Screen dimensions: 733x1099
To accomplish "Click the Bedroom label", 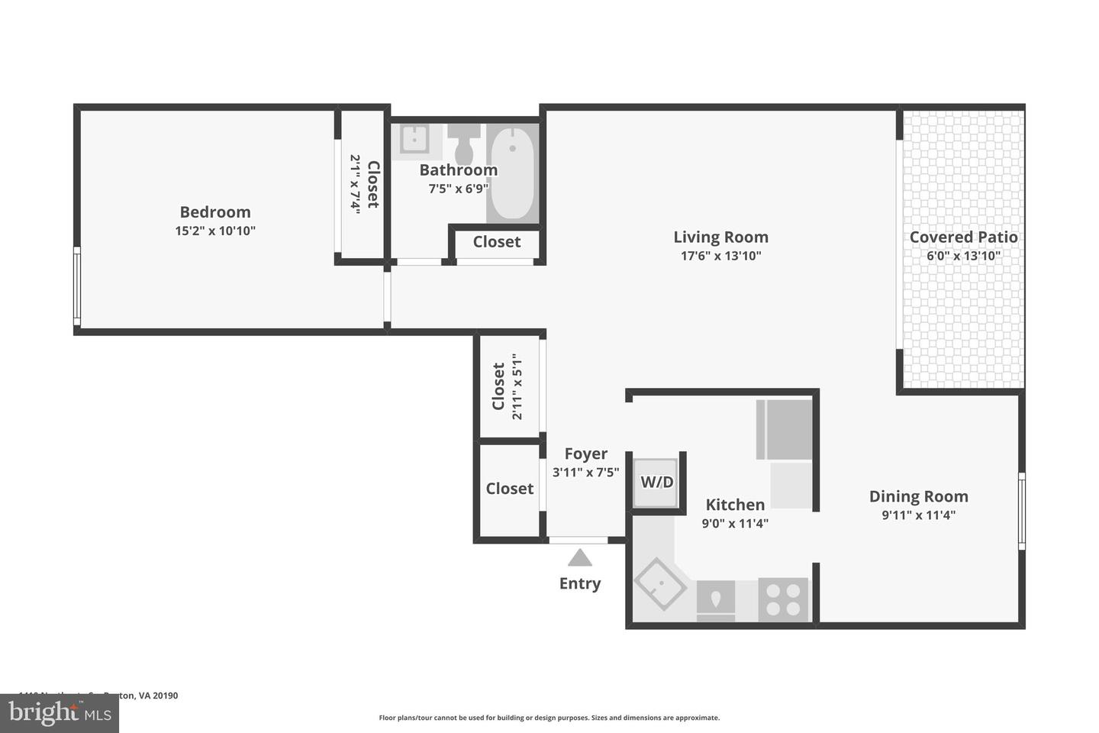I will click(x=214, y=212).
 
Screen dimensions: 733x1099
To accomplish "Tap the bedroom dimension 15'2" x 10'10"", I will click(x=214, y=231).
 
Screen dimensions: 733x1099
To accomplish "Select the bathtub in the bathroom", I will click(x=511, y=173).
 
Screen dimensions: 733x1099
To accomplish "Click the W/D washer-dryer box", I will click(x=656, y=483).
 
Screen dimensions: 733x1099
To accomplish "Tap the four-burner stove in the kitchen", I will click(x=783, y=599).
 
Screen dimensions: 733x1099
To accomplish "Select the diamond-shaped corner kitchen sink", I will click(x=661, y=585).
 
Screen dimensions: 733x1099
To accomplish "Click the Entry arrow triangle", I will click(x=580, y=558).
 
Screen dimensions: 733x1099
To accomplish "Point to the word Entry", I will click(x=580, y=583).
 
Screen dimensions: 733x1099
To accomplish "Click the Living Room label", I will click(x=720, y=237).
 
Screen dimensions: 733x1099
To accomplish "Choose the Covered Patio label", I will click(x=963, y=237).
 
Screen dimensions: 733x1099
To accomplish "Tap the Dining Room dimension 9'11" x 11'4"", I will click(x=918, y=515).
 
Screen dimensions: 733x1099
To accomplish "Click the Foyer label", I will click(x=585, y=454).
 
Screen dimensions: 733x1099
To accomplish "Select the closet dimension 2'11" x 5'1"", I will click(x=517, y=386).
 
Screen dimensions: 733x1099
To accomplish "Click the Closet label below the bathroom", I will click(x=496, y=242).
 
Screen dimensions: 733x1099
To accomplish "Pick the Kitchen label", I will click(x=734, y=505).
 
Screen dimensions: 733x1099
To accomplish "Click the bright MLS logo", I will click(x=60, y=713).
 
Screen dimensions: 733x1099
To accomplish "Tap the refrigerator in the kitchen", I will click(x=785, y=430).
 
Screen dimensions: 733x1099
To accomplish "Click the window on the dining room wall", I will click(x=1021, y=510).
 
